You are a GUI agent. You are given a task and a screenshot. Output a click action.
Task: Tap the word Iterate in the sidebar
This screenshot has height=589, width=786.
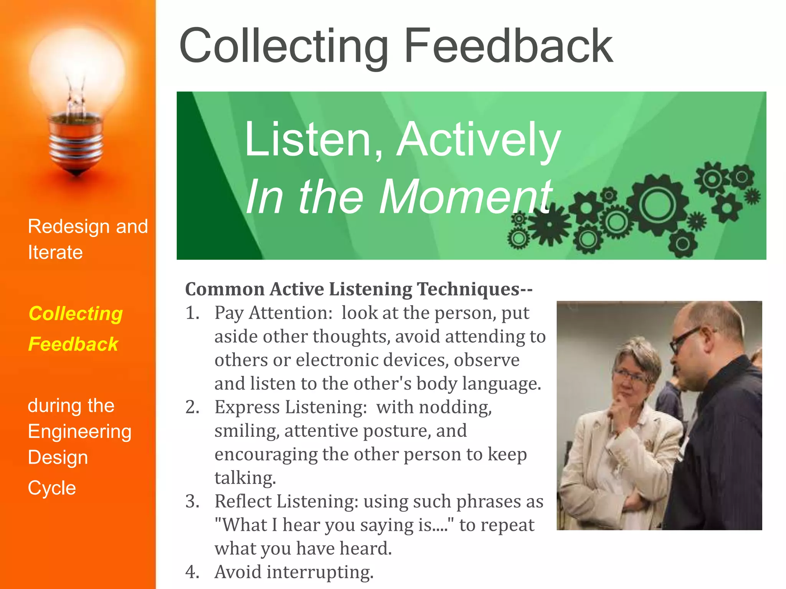click(x=55, y=252)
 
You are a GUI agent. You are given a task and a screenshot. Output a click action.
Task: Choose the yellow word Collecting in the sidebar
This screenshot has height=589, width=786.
click(x=76, y=313)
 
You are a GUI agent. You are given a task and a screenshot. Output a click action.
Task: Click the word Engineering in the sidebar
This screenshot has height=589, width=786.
click(x=79, y=432)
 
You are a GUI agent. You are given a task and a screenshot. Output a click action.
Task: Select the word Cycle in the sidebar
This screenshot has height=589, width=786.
click(x=52, y=488)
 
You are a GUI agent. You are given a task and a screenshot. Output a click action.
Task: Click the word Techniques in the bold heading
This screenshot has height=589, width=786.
click(x=468, y=289)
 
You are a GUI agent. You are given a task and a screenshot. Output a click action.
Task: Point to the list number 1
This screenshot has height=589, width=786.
click(x=192, y=313)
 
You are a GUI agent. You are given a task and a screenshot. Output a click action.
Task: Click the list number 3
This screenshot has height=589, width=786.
click(x=192, y=501)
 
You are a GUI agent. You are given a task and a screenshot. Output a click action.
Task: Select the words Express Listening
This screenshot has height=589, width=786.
click(x=291, y=407)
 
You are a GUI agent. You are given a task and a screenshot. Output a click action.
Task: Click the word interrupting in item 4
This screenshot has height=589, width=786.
click(x=320, y=572)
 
